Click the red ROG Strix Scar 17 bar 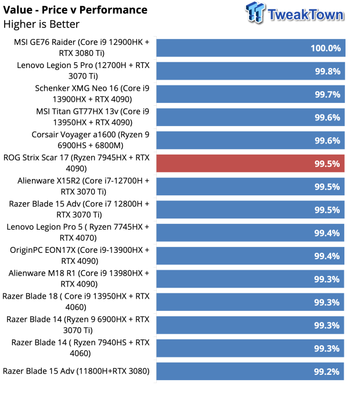coord(250,163)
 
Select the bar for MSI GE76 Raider coord(251,48)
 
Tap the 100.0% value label coord(326,48)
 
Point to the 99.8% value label coord(327,71)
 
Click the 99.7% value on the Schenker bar coord(327,94)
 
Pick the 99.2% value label coord(326,371)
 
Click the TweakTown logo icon coord(255,12)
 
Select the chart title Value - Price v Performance coord(75,10)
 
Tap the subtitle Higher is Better coord(41,24)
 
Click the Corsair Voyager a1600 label coord(91,140)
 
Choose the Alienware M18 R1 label coord(79,278)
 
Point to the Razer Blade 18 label coord(76,302)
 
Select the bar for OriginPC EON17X coord(250,256)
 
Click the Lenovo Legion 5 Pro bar coord(251,71)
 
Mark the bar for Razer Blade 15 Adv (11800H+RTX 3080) coord(250,371)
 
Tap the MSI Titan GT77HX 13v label coord(92,117)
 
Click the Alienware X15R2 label coord(83,186)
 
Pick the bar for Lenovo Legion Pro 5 coord(250,232)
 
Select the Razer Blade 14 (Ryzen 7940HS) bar coord(250,348)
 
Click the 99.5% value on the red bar coord(327,164)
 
